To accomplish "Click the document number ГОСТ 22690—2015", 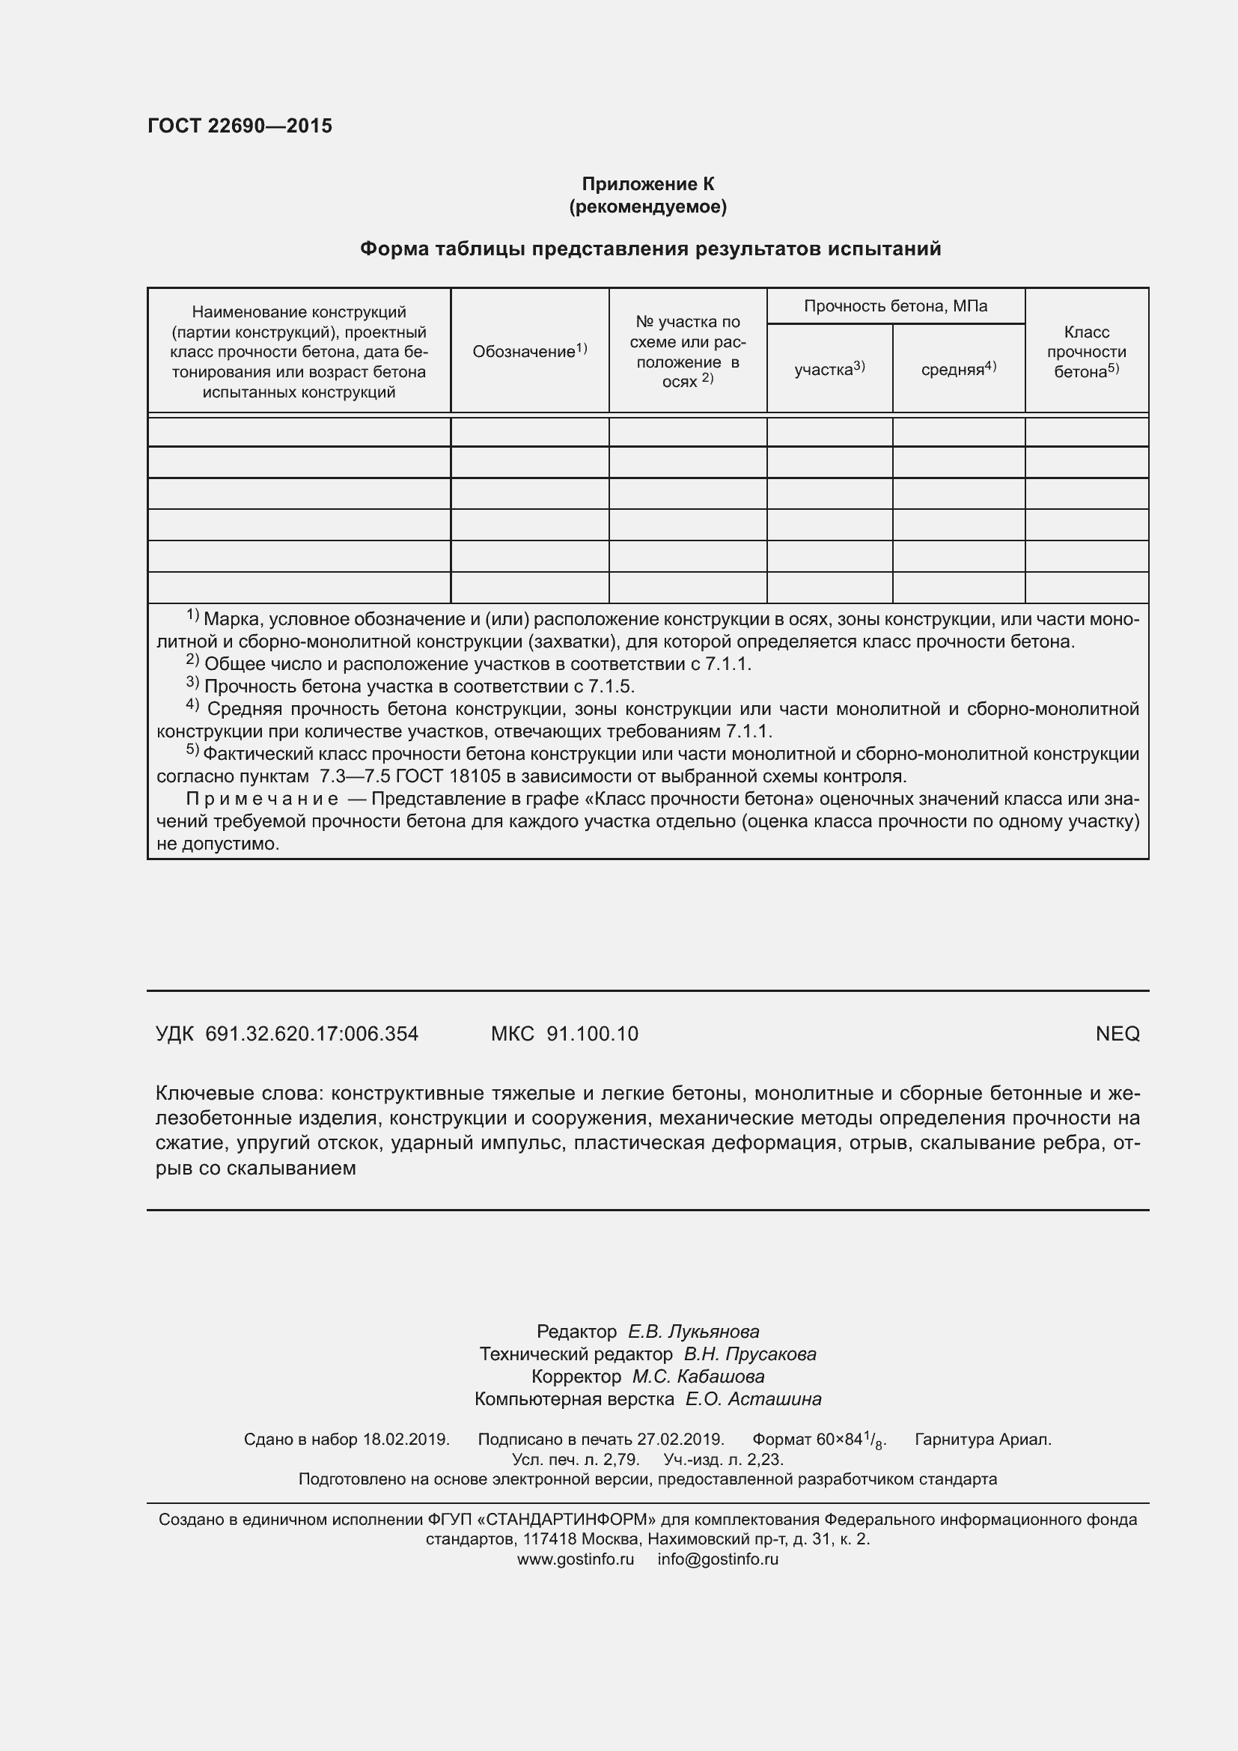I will [240, 126].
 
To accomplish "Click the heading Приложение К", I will [647, 184].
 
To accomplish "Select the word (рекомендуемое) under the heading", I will [647, 207].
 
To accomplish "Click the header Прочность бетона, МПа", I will [895, 307].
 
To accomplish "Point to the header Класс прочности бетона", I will [1085, 352].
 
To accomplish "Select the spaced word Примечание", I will [261, 800].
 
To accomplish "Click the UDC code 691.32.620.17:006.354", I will [312, 1034].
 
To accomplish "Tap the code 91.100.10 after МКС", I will [592, 1034].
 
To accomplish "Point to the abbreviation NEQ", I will [1117, 1034].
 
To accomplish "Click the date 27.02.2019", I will [679, 1439].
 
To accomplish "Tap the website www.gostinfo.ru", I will [575, 1559].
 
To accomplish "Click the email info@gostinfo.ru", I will [717, 1559].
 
